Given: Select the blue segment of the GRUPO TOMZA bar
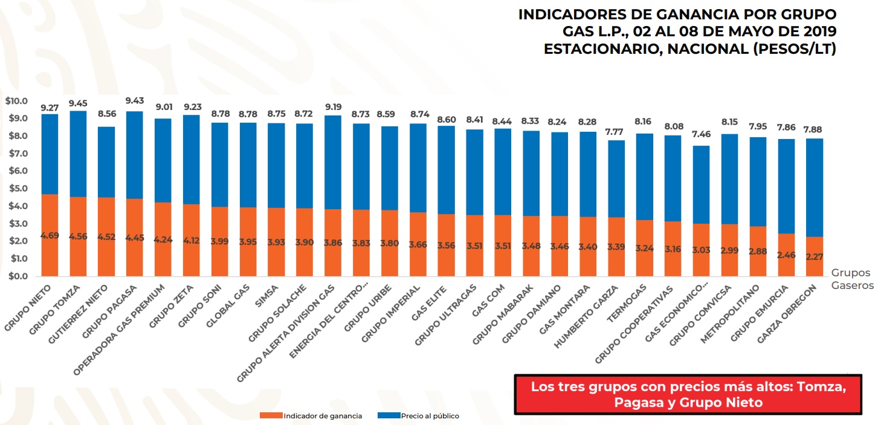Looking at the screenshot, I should pos(78,154).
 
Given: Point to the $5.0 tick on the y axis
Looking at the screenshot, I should pos(16,189).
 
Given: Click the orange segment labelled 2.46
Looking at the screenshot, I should pos(786,255).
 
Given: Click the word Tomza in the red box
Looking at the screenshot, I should pos(834,386).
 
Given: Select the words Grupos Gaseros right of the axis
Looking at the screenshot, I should pos(852,279).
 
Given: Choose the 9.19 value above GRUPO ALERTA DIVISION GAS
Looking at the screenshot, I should pos(332,104).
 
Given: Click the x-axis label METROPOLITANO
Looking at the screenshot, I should pos(724,311).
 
